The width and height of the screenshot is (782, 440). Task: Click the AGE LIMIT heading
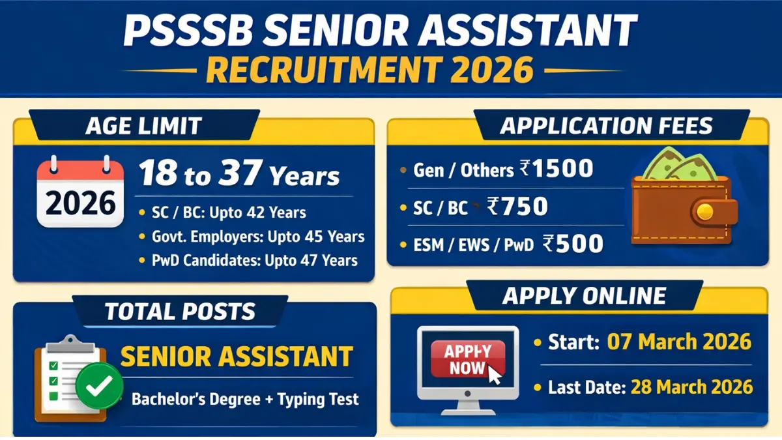[x=143, y=125]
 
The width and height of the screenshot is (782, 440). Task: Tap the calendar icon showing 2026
[x=80, y=194]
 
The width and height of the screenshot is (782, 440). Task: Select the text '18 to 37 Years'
[x=239, y=176]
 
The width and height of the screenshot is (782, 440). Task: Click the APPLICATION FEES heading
[x=606, y=125]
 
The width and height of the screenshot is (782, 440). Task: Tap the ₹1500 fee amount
[x=557, y=169]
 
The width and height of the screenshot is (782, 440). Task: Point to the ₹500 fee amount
[x=573, y=244]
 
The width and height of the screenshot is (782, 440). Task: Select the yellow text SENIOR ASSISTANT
[x=237, y=357]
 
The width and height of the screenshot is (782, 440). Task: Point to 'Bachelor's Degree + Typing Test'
[x=245, y=398]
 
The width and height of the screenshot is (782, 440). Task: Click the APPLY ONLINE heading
[x=584, y=296]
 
